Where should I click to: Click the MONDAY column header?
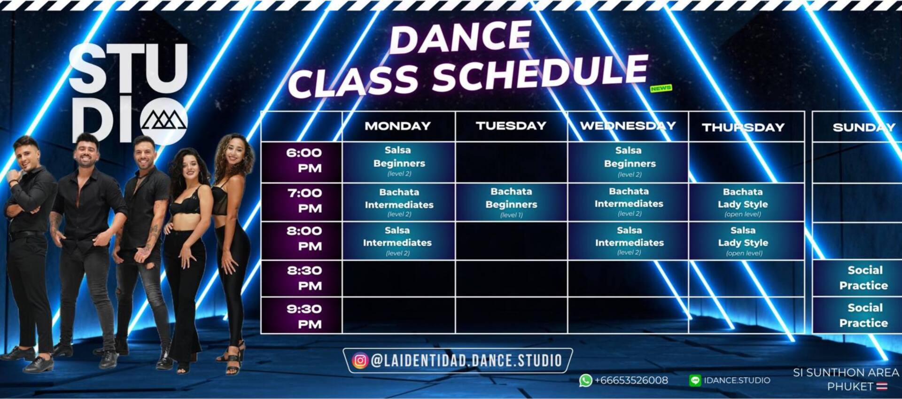(397, 126)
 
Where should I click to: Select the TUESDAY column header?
(511, 125)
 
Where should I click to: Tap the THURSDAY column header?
(743, 127)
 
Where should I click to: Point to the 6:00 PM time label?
(304, 160)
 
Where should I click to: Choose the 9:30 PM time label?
(304, 317)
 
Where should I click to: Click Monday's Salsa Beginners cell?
(399, 162)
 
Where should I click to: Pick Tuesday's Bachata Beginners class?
(511, 203)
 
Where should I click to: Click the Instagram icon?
(360, 360)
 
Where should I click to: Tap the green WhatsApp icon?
(585, 380)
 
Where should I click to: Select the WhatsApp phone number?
(631, 380)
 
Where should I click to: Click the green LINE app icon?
(695, 380)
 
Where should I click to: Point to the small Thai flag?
(882, 386)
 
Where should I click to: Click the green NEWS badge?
(661, 88)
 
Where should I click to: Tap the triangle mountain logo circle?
(164, 121)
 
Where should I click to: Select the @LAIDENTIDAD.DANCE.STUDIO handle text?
(467, 360)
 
